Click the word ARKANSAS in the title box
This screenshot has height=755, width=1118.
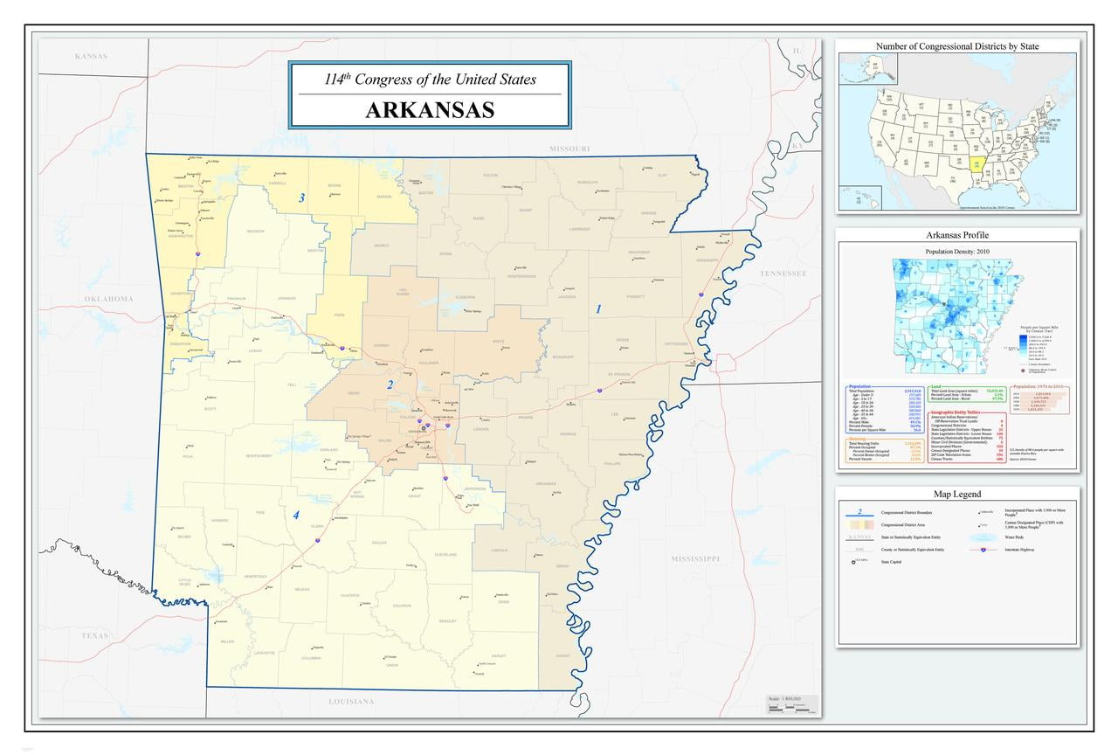pos(430,110)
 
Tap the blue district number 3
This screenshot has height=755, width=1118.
pos(301,198)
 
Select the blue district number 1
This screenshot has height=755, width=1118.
pos(598,308)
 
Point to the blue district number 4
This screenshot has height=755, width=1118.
pos(296,516)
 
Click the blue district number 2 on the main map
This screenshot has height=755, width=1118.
pos(390,384)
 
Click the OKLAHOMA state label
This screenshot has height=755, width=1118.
pos(109,300)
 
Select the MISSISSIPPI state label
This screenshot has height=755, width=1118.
pos(707,558)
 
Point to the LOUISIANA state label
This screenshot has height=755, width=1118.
pos(351,702)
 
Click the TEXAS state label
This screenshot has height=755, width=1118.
pos(95,635)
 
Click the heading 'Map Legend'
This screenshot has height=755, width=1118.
pos(956,495)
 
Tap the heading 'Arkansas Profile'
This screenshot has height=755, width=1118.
pos(957,236)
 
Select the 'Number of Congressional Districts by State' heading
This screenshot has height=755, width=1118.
pos(957,45)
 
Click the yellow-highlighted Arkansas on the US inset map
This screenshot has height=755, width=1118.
pos(974,163)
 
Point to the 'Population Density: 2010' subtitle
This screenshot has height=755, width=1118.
pos(957,252)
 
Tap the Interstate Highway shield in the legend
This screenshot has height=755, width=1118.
pos(984,550)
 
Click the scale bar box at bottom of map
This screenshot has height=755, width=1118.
pos(792,704)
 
